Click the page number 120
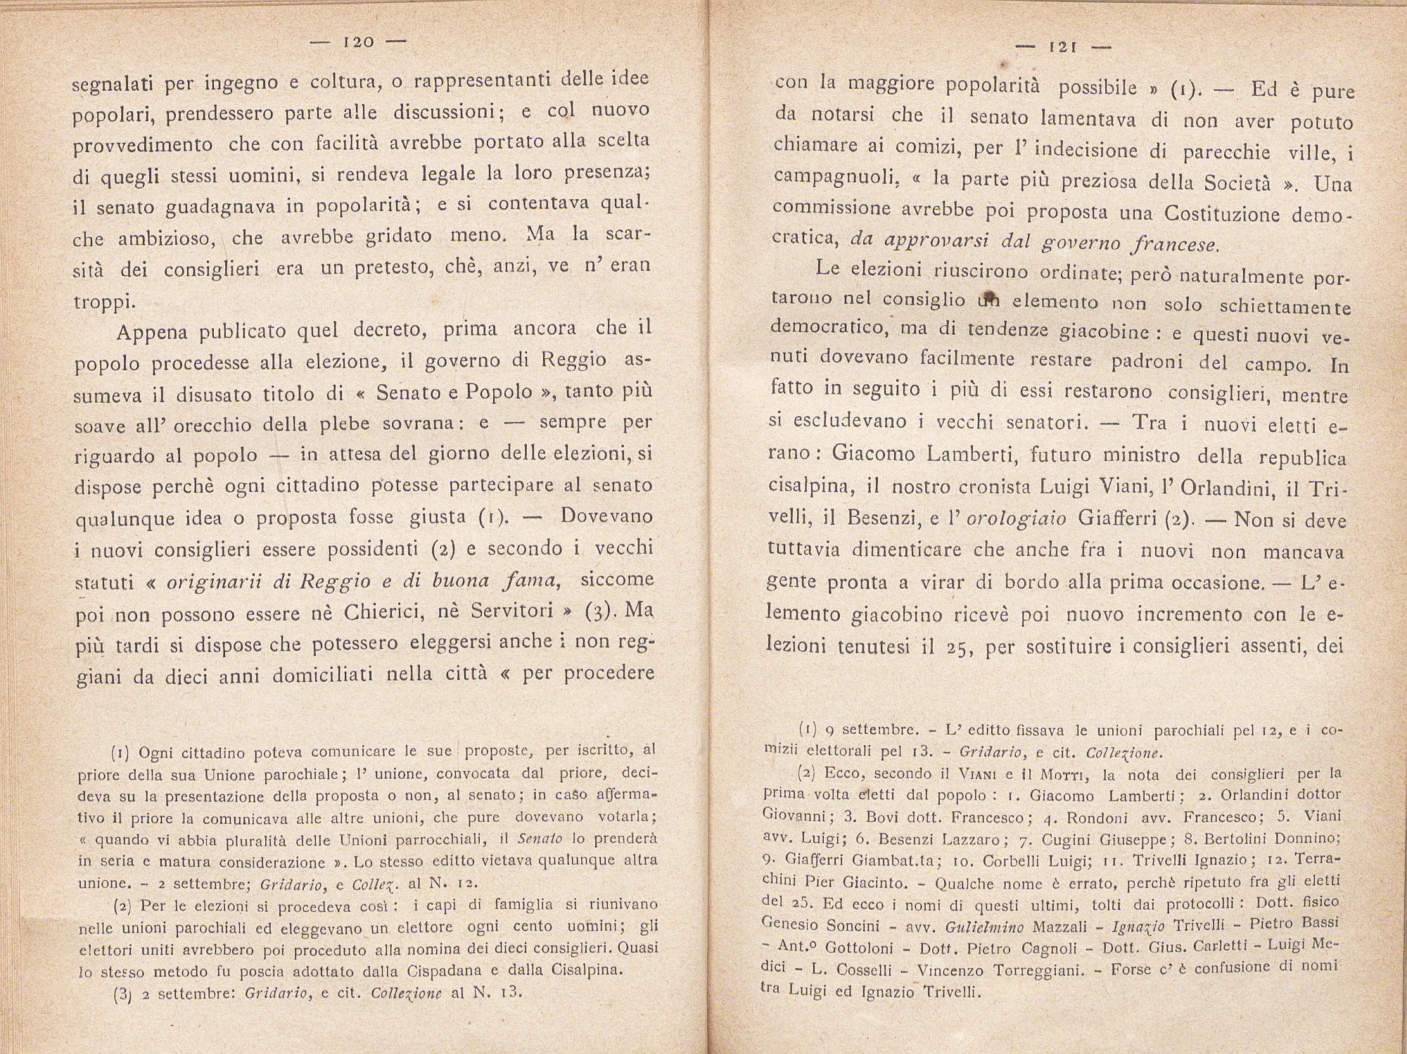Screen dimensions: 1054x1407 pyautogui.click(x=358, y=42)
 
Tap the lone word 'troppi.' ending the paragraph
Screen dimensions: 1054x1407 pyautogui.click(x=104, y=301)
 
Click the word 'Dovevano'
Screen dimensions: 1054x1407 pyautogui.click(x=606, y=516)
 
